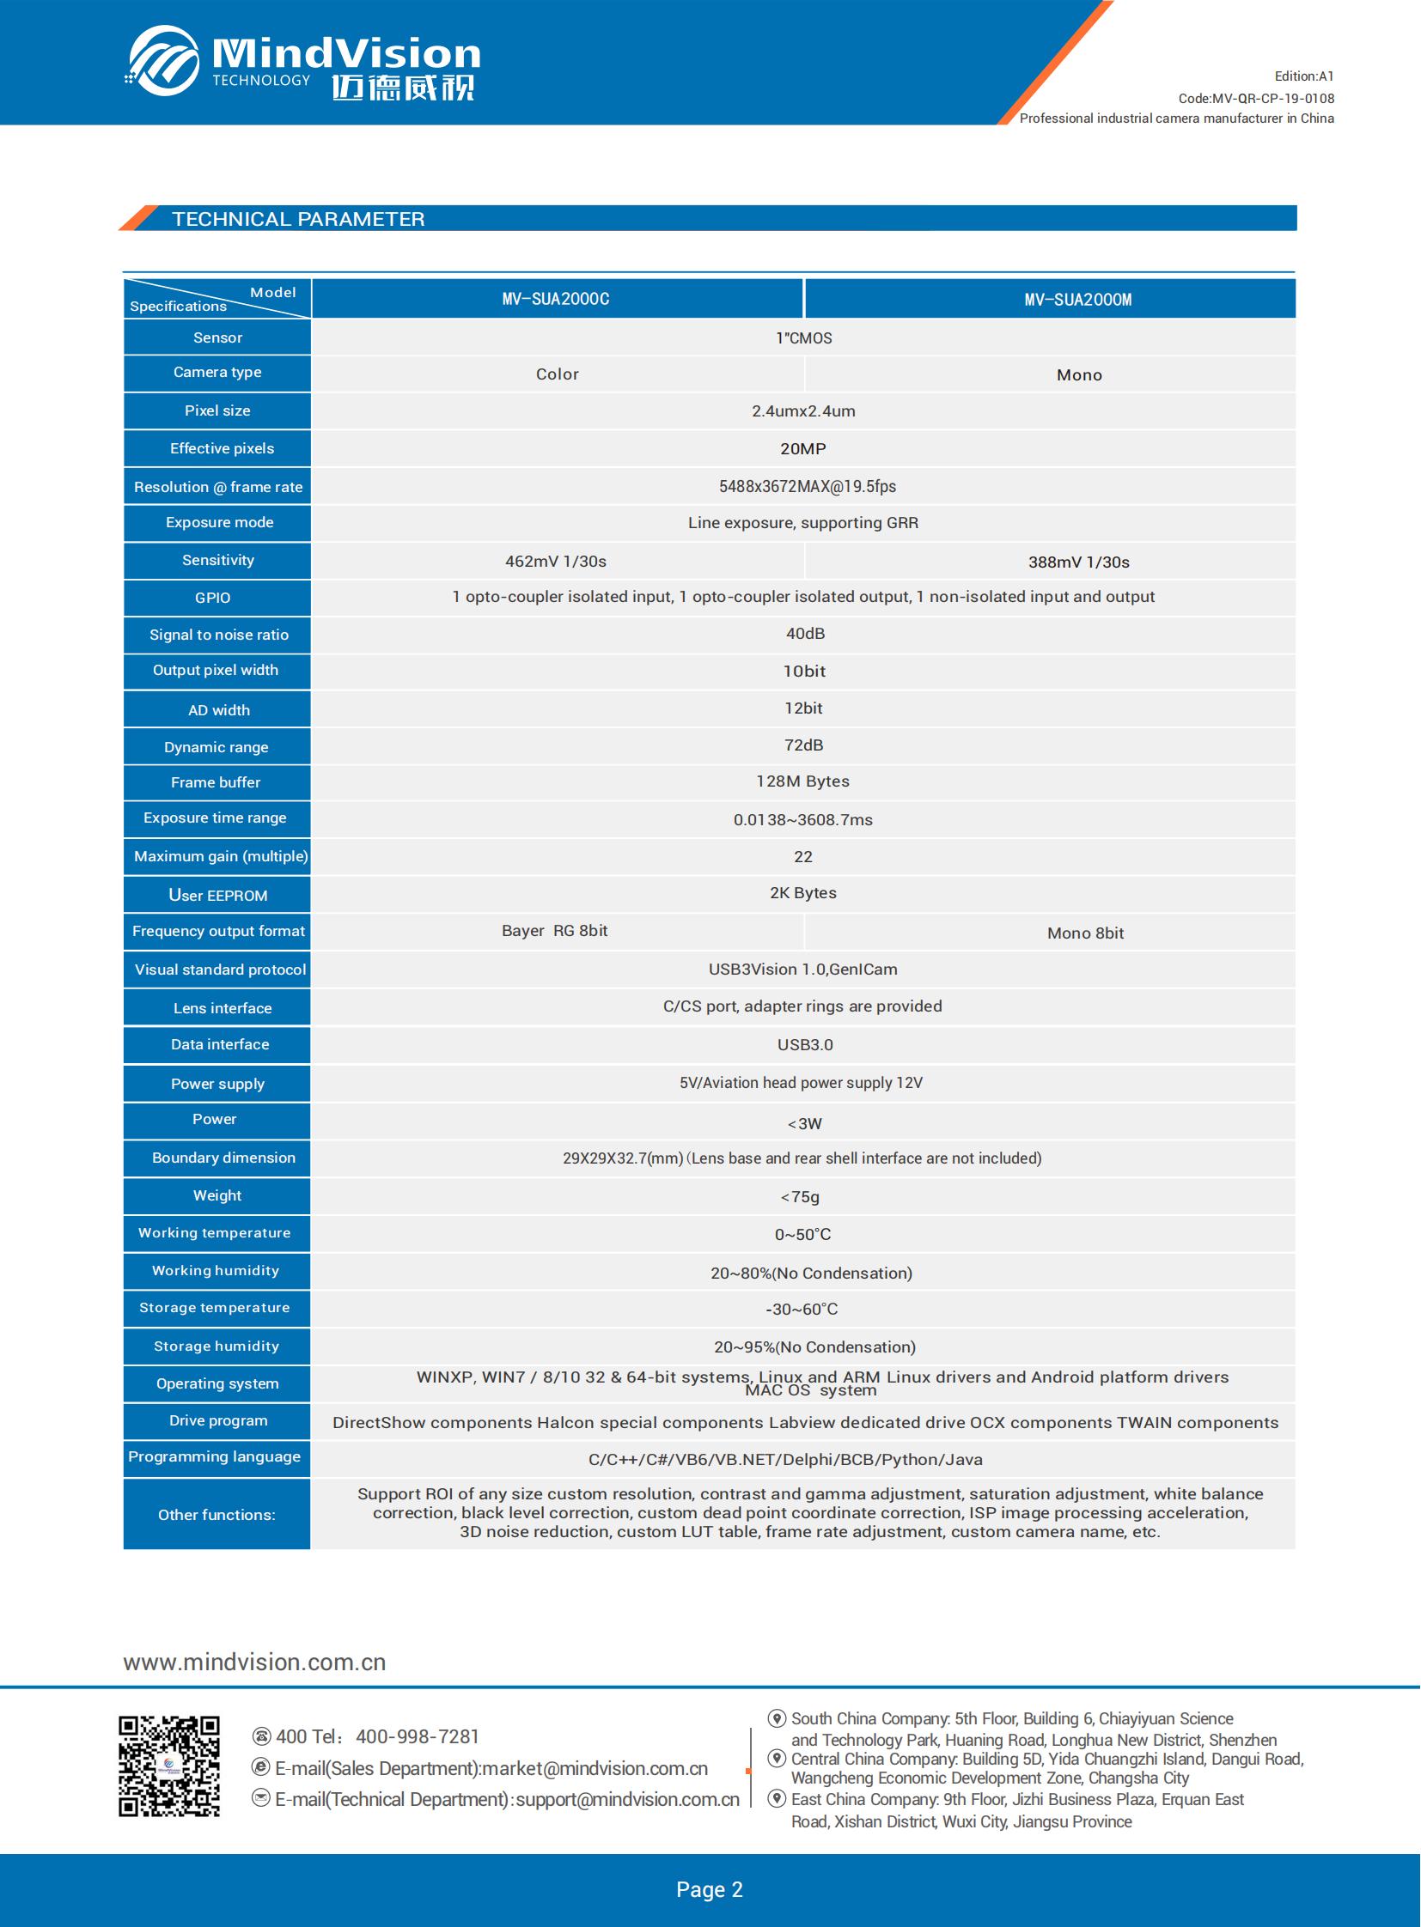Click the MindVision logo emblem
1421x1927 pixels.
pos(163,60)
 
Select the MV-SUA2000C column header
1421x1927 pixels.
pos(556,299)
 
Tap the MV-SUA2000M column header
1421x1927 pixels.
pos(1078,300)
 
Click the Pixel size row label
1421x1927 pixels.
pos(217,411)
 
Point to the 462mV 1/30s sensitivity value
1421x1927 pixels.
pos(556,562)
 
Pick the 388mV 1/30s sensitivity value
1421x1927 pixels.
pos(1079,562)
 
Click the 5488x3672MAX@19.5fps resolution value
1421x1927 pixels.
pos(807,487)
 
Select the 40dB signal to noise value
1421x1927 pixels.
pos(805,634)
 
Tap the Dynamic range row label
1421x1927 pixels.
pos(216,747)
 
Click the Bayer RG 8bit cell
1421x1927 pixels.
pos(555,930)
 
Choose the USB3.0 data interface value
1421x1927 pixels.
pos(805,1045)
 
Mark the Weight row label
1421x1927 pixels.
pos(217,1195)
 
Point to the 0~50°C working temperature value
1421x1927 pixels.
pos(802,1235)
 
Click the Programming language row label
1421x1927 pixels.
pos(214,1456)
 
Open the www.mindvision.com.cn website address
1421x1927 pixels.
pos(254,1663)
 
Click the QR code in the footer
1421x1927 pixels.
pos(169,1766)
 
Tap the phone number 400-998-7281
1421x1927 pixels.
pos(418,1737)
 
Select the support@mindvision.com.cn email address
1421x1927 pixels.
pos(627,1800)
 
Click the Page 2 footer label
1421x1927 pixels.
pos(710,1889)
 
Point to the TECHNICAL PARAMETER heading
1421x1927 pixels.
pos(298,219)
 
